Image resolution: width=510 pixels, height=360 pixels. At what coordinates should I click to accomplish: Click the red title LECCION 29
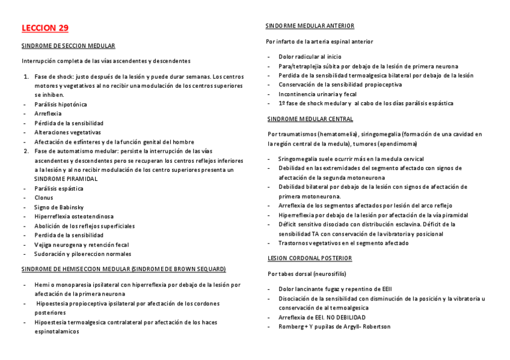point(45,28)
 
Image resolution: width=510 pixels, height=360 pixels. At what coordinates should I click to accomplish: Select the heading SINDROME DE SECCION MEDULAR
point(69,46)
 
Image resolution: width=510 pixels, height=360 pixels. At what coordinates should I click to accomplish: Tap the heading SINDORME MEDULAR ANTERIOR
point(310,26)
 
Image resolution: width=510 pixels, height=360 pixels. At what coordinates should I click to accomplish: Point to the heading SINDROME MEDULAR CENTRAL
point(310,119)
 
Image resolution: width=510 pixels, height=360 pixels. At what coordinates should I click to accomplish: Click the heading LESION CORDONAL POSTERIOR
point(310,258)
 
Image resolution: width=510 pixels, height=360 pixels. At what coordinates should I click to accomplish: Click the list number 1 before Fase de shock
point(26,76)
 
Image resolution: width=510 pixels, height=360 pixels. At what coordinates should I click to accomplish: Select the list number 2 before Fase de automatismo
point(26,151)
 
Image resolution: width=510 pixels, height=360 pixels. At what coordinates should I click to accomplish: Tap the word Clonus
point(43,198)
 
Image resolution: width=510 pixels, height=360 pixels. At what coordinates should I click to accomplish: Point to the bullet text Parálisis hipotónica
point(61,104)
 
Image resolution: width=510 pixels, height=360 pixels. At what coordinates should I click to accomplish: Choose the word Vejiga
point(44,245)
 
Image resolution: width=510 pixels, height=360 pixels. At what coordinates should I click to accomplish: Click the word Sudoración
point(51,254)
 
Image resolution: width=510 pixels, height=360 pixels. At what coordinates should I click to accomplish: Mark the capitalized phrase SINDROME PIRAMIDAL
point(66,179)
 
